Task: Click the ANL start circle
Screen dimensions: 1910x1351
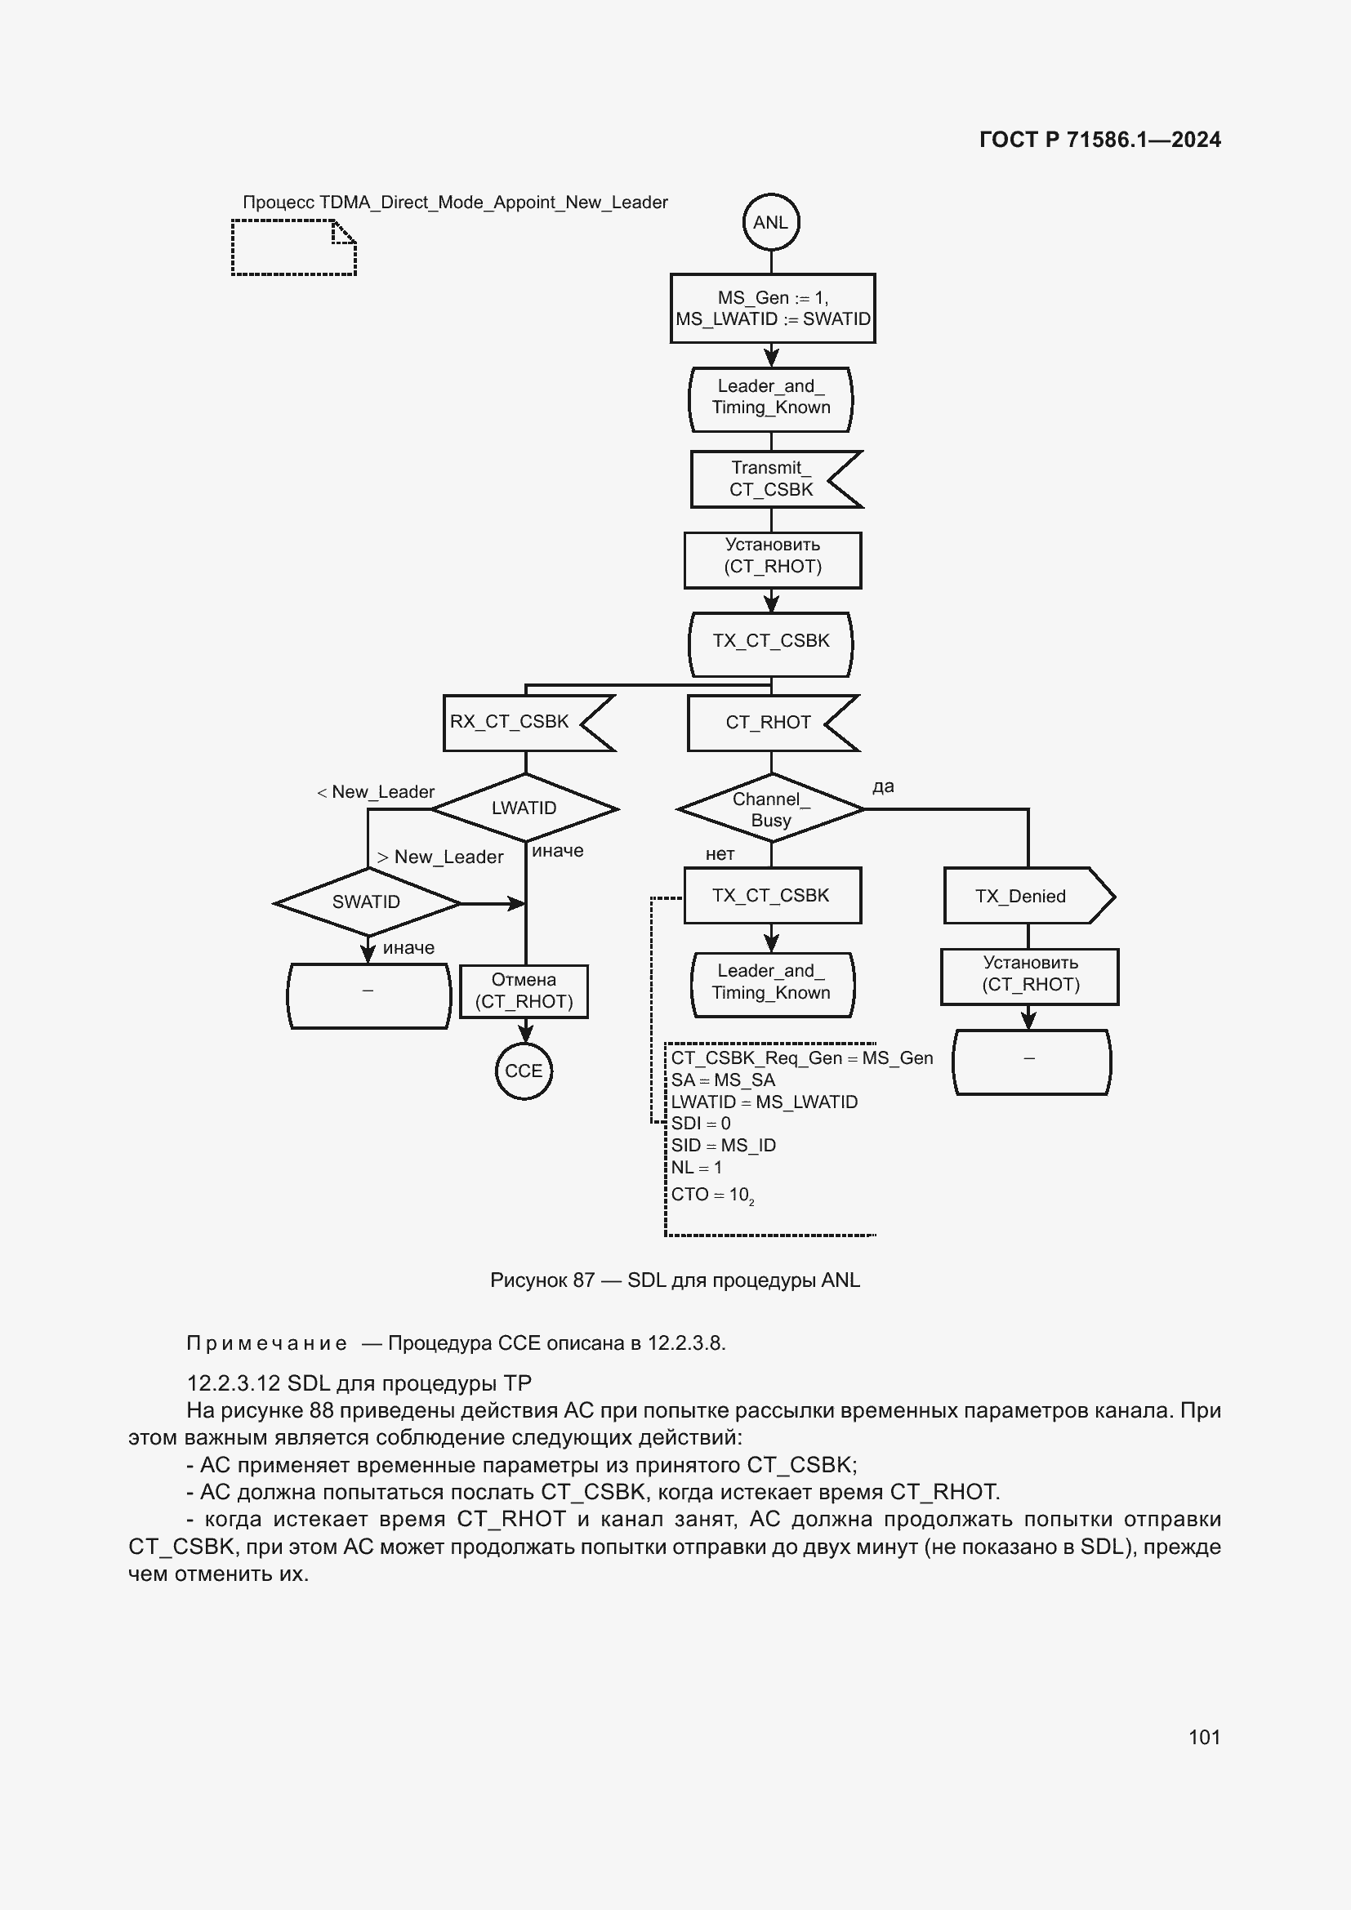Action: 770,222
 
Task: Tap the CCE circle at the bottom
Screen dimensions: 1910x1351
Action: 524,1071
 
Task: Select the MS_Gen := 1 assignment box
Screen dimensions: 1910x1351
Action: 772,309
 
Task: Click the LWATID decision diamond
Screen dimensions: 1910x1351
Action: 524,808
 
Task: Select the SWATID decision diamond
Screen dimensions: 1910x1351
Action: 366,902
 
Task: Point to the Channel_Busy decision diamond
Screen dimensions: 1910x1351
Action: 770,808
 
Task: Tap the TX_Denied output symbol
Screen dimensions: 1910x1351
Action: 1027,896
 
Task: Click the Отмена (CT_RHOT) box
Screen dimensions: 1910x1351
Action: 524,991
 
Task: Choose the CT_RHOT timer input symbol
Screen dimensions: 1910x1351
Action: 769,722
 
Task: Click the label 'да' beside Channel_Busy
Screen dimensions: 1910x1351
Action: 883,786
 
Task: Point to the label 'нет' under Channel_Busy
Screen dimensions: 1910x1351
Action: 720,854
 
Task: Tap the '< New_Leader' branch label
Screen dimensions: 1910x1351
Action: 376,792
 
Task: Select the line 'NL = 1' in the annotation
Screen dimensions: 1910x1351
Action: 696,1167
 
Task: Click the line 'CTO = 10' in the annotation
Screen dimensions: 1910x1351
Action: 712,1195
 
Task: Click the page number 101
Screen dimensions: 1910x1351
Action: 1204,1737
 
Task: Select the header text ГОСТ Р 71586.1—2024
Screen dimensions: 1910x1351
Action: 1099,140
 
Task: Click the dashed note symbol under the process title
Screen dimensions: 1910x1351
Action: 294,247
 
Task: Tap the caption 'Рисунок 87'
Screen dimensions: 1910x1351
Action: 542,1280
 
